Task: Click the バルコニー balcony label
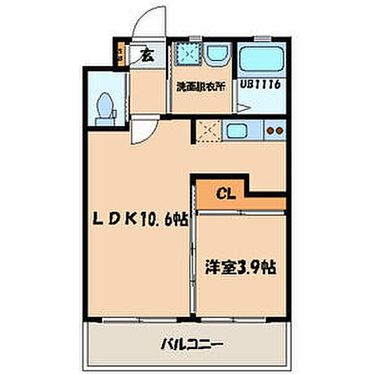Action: tap(192, 342)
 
